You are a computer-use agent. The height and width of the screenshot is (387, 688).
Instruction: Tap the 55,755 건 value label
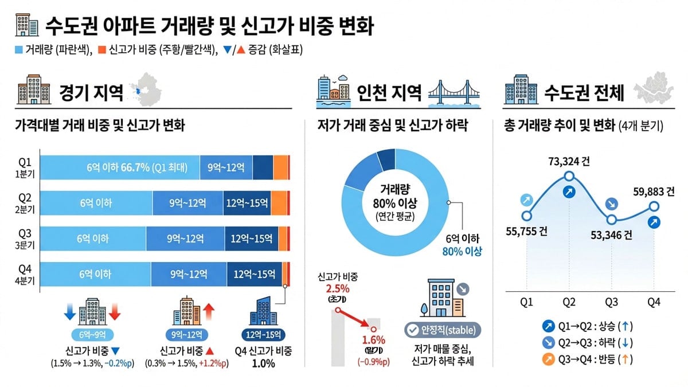point(526,232)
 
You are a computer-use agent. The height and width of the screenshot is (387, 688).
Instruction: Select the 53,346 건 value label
point(611,234)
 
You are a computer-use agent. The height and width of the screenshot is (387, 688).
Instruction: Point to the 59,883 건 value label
point(654,192)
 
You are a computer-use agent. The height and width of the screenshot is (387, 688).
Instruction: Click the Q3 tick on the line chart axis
point(611,302)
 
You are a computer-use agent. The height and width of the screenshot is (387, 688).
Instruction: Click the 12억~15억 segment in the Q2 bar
point(246,202)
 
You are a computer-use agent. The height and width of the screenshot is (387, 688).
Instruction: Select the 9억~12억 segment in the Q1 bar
point(226,167)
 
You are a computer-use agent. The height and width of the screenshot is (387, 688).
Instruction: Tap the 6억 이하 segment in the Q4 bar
point(95,274)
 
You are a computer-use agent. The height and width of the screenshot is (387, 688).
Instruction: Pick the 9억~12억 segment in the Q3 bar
point(185,239)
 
